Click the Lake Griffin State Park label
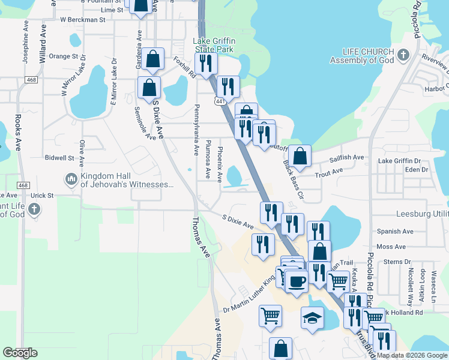(213, 46)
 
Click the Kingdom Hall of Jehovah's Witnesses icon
(71, 179)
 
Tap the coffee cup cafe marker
(296, 281)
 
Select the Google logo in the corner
(20, 353)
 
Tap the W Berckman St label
(83, 19)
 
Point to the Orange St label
(63, 56)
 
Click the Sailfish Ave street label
(348, 158)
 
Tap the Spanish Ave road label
(395, 231)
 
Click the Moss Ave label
(391, 247)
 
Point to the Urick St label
(43, 196)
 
